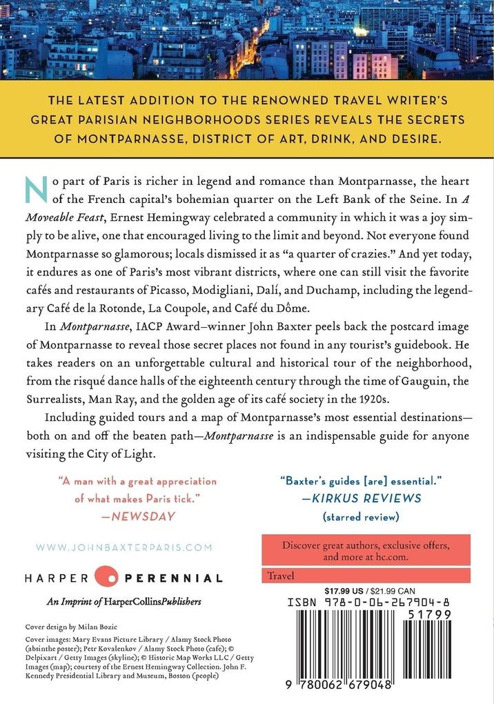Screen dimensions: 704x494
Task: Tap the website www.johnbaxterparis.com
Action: tap(123, 547)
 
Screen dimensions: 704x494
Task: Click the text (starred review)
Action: tap(361, 516)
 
